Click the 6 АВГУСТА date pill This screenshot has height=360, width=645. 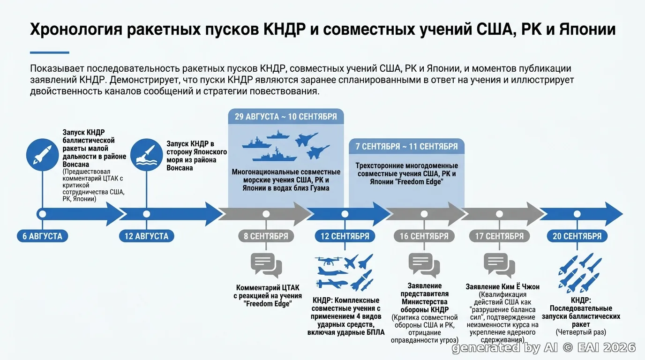(43, 236)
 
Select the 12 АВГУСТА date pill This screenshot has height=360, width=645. (147, 236)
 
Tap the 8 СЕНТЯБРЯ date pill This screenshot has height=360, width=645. (266, 236)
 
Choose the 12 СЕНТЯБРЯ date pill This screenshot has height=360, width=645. (345, 236)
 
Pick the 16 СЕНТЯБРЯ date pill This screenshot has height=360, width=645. (424, 236)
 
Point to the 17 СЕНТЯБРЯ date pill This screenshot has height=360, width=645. (499, 236)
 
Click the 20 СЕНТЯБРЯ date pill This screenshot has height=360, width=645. (577, 236)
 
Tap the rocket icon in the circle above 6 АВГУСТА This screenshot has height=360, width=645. (43, 155)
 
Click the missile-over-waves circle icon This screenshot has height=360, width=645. (147, 155)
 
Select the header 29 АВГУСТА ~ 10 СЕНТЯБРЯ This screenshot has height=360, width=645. (286, 117)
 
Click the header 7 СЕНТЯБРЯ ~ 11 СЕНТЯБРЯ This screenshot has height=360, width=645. (406, 146)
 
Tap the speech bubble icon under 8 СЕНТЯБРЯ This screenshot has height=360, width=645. (266, 265)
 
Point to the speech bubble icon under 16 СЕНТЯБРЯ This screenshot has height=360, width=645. (424, 265)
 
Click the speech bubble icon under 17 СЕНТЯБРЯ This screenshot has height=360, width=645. (499, 265)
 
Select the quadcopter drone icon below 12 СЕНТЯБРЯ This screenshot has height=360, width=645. (329, 261)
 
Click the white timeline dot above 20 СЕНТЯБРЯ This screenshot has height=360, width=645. (577, 214)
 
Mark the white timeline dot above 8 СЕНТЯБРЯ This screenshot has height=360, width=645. (266, 214)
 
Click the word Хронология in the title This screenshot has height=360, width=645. (76, 30)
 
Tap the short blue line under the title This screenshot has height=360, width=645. (50, 52)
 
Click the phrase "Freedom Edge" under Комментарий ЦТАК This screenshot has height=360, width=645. (268, 304)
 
